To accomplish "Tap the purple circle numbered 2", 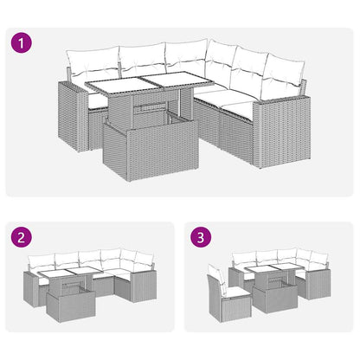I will [x=23, y=237].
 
